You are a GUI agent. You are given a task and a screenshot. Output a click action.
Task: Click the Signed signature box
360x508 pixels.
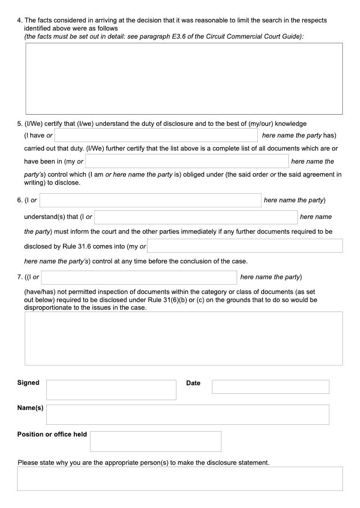pyautogui.click(x=111, y=390)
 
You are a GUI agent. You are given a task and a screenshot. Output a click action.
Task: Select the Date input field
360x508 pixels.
pyautogui.click(x=270, y=387)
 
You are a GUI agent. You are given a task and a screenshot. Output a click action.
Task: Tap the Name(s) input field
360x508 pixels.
pyautogui.click(x=188, y=414)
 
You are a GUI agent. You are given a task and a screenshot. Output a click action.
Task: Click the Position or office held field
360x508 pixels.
pyautogui.click(x=155, y=441)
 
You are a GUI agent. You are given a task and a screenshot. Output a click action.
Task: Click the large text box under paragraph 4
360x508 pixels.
pyautogui.click(x=184, y=79)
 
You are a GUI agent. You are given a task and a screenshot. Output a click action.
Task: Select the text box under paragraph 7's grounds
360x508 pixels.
pyautogui.click(x=184, y=338)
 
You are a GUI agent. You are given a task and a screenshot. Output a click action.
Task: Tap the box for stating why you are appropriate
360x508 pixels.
pyautogui.click(x=180, y=478)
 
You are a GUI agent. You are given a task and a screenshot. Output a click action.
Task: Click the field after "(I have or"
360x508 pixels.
pyautogui.click(x=156, y=135)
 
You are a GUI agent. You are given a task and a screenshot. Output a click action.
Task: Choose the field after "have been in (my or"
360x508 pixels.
pyautogui.click(x=187, y=161)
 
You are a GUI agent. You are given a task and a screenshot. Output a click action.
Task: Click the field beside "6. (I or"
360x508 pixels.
pyautogui.click(x=150, y=200)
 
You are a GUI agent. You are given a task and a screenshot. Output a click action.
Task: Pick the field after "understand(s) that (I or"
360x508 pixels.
pyautogui.click(x=196, y=217)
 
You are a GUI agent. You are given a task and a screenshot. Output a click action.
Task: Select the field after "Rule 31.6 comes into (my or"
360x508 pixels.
pyautogui.click(x=245, y=246)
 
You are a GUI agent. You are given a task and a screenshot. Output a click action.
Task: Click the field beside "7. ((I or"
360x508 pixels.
pyautogui.click(x=139, y=277)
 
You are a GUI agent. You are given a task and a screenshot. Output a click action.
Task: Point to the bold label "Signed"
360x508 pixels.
pyautogui.click(x=28, y=383)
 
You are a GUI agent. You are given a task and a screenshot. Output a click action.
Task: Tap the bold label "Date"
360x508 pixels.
pyautogui.click(x=193, y=383)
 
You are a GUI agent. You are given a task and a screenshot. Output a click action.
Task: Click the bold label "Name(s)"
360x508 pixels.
pyautogui.click(x=30, y=408)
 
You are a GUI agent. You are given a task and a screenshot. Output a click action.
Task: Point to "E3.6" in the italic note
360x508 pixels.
pyautogui.click(x=180, y=36)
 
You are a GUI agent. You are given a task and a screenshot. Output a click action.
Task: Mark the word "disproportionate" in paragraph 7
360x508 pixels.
pyautogui.click(x=47, y=307)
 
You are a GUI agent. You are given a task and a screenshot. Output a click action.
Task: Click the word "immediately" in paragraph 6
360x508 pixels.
pyautogui.click(x=210, y=232)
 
